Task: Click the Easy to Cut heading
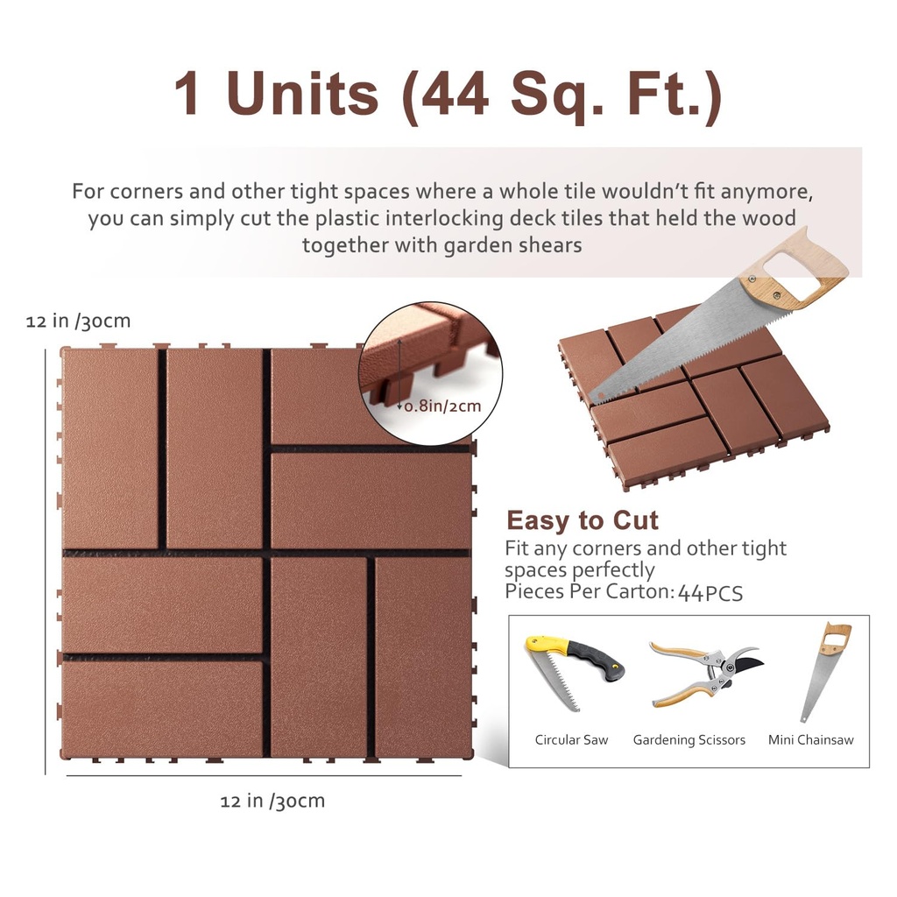[582, 520]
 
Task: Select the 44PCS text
[710, 593]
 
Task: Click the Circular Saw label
[571, 740]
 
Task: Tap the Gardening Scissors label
[689, 740]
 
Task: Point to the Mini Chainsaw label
[810, 740]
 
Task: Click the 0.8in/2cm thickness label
[442, 406]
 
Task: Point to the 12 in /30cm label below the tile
[272, 801]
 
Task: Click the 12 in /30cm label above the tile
[78, 321]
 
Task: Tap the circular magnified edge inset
[429, 372]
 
